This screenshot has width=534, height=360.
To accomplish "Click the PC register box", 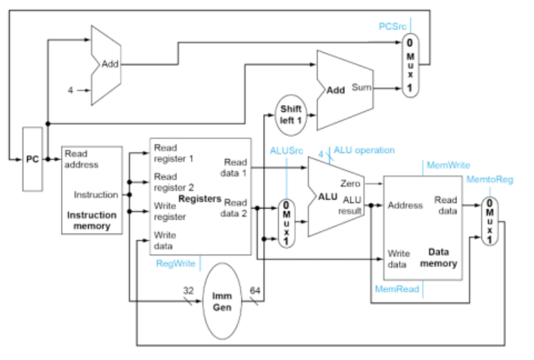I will (32, 159).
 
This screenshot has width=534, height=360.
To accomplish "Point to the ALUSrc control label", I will (286, 151).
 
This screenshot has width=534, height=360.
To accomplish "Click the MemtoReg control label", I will (489, 179).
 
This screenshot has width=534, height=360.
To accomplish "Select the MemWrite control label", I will (448, 165).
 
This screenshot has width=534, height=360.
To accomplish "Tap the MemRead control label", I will (397, 289).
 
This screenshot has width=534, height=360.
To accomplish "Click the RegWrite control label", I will (175, 264).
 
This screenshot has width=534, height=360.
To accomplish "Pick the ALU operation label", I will (364, 150).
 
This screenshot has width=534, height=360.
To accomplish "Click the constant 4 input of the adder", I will (70, 90).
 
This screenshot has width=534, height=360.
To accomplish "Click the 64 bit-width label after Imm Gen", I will (255, 290).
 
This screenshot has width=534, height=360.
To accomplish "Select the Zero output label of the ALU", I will (350, 184).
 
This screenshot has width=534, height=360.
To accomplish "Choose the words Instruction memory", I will (92, 221).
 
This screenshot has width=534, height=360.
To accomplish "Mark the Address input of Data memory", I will (405, 205).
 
